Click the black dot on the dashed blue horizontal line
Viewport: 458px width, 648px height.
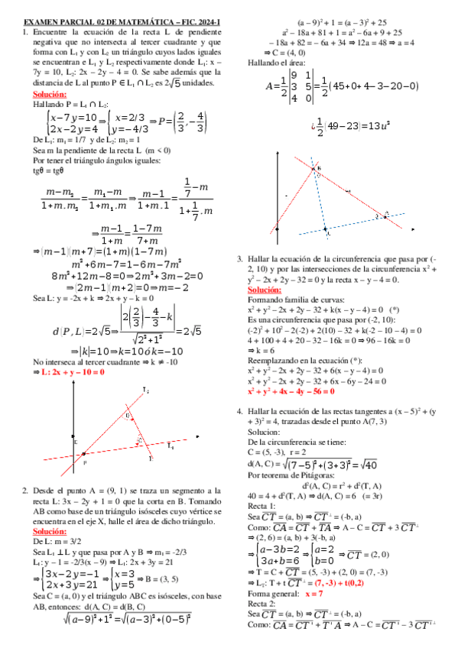[326, 228]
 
